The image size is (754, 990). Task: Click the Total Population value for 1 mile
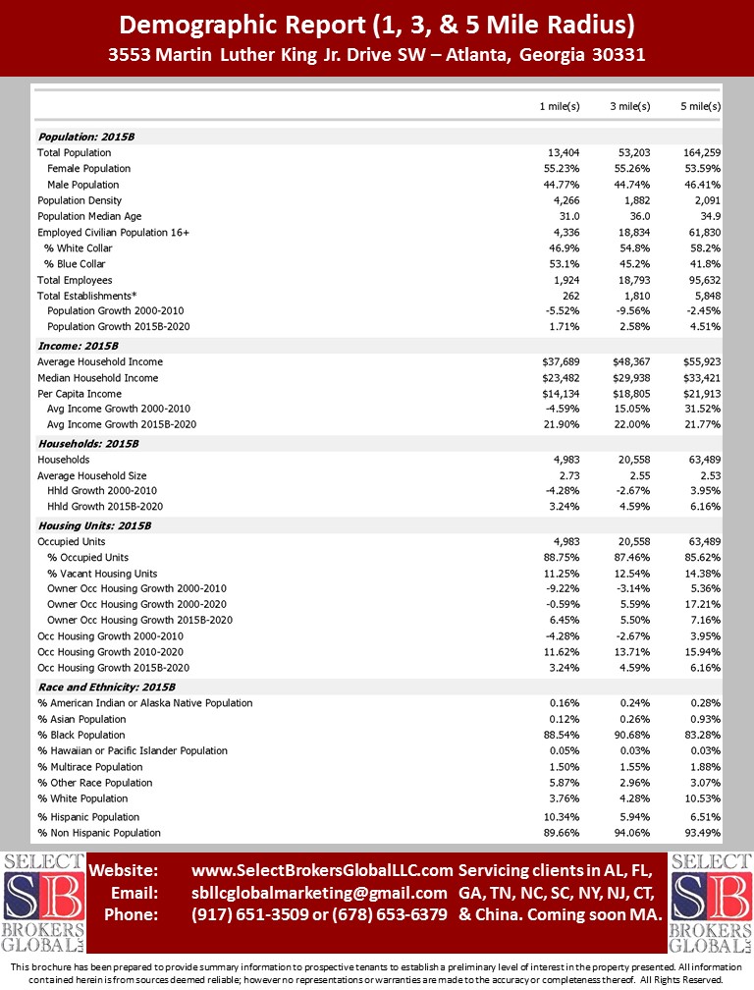[564, 152]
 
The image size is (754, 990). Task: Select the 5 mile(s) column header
[701, 105]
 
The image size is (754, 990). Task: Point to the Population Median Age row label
[89, 216]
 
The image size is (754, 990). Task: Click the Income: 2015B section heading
[78, 346]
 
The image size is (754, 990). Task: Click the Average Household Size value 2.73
[570, 474]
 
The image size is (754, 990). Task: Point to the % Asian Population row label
[81, 719]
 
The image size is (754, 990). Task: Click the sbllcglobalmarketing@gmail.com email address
[319, 893]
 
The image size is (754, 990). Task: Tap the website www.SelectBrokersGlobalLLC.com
[322, 870]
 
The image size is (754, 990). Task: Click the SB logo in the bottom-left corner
[43, 902]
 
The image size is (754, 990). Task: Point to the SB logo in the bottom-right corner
[710, 902]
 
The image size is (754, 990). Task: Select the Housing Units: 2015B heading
[94, 525]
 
